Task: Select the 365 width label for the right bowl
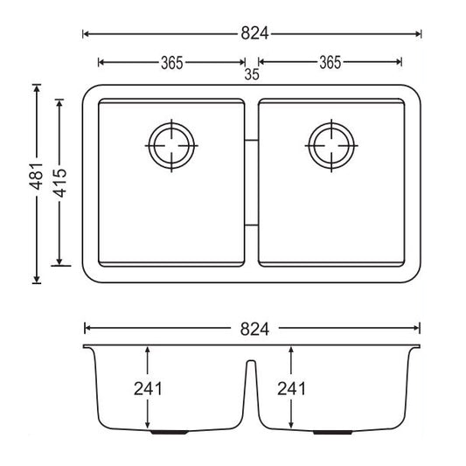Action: [x=330, y=62]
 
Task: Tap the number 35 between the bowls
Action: [x=252, y=75]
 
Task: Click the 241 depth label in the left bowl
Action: [x=149, y=387]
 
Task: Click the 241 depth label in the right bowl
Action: [x=292, y=387]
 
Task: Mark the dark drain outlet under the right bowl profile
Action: [x=336, y=432]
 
